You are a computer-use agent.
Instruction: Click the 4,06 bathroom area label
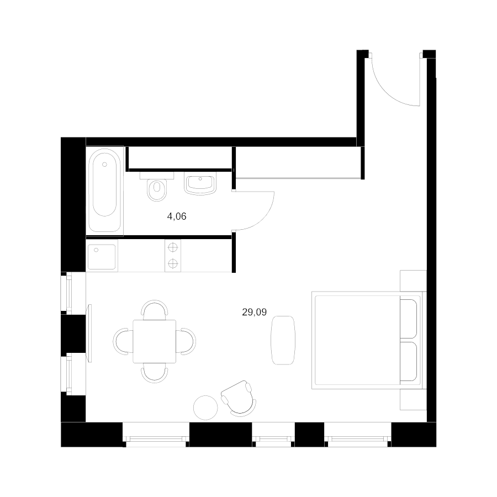(x=177, y=216)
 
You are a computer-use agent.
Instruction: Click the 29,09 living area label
(x=254, y=312)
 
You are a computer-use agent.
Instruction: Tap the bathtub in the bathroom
(x=104, y=189)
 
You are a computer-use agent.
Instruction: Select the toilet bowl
(x=157, y=189)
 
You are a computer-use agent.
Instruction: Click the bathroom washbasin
(x=200, y=184)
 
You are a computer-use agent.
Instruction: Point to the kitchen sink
(x=102, y=257)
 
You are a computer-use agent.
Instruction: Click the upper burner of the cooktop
(x=173, y=247)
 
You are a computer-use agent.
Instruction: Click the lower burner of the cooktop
(x=173, y=263)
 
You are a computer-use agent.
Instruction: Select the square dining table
(x=155, y=341)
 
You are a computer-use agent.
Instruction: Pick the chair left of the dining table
(x=123, y=341)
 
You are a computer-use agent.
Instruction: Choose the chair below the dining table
(x=155, y=374)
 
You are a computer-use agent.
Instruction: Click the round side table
(x=206, y=408)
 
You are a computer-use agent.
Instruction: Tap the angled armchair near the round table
(x=239, y=398)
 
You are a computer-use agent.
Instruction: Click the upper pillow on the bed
(x=408, y=319)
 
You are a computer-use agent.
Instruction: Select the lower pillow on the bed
(x=408, y=361)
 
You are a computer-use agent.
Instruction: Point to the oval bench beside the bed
(x=283, y=340)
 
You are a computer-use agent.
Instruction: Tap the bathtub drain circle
(x=104, y=164)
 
